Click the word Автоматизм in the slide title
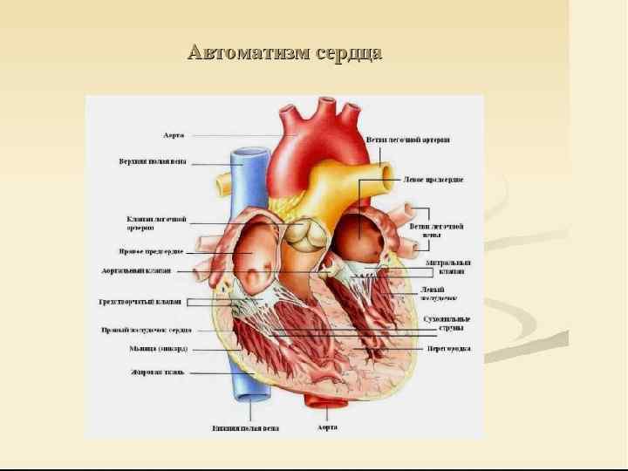[x=245, y=53]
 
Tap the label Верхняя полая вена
[x=153, y=161]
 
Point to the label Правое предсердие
[x=151, y=251]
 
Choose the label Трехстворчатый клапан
[x=140, y=302]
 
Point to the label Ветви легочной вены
[x=436, y=230]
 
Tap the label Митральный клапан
[x=447, y=267]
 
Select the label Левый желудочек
[x=437, y=293]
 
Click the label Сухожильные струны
[x=447, y=324]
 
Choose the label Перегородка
[x=448, y=348]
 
